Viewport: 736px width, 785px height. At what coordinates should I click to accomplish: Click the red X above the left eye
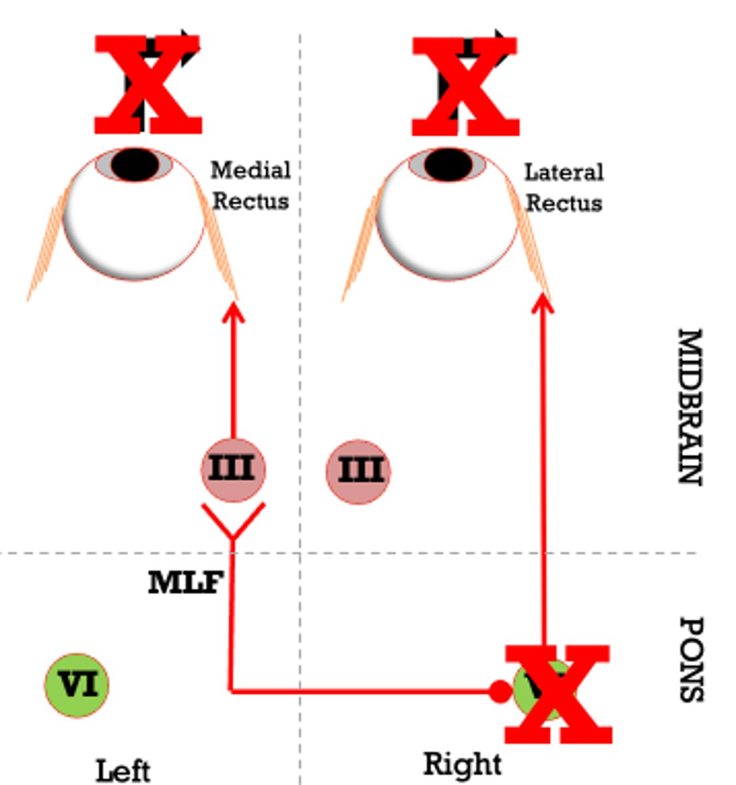coord(148,85)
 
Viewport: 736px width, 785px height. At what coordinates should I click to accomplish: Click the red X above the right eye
coord(466,86)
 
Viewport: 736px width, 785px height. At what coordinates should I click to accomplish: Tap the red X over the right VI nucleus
coord(558,694)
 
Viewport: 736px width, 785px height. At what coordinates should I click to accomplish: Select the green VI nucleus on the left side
coord(77,685)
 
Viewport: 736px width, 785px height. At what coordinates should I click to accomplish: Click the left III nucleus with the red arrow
coord(233,470)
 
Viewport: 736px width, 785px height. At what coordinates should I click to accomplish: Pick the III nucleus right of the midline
coord(359,471)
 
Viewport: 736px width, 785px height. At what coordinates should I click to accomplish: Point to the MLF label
coord(185,583)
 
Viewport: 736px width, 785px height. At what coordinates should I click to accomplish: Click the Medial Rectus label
coord(251,186)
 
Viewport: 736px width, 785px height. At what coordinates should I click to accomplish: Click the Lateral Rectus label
coord(564,188)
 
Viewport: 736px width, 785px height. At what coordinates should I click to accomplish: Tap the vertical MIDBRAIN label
coord(689,406)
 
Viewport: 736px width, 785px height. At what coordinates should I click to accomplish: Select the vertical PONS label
coord(690,659)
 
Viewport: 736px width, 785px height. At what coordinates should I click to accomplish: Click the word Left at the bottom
coord(123,771)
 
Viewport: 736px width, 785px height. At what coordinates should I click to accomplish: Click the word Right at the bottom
coord(463,764)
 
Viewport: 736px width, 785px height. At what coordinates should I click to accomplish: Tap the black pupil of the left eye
coord(135,164)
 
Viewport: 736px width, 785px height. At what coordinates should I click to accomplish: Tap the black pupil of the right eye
coord(448,164)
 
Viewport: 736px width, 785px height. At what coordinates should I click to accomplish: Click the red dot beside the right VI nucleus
coord(500,691)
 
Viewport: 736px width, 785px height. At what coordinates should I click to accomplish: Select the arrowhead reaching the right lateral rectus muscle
coord(542,304)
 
